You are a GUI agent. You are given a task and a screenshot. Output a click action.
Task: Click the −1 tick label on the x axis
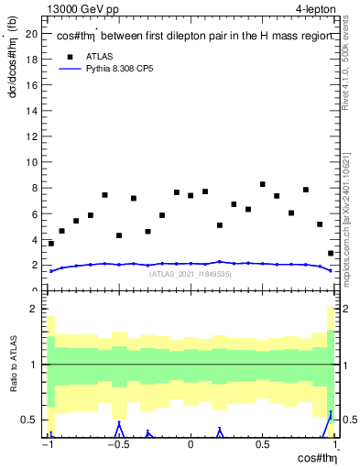pyautogui.click(x=48, y=445)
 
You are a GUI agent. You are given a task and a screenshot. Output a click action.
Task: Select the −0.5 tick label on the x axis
pyautogui.click(x=117, y=445)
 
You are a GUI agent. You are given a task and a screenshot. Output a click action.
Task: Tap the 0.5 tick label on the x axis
pyautogui.click(x=262, y=445)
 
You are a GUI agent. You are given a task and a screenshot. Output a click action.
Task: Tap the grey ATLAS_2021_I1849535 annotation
pyautogui.click(x=190, y=274)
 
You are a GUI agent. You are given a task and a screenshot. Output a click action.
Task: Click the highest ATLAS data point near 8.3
pyautogui.click(x=263, y=185)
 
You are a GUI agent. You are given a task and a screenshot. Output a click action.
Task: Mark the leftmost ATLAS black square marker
pyautogui.click(x=51, y=244)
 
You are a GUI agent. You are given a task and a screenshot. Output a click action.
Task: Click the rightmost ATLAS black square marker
pyautogui.click(x=330, y=254)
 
